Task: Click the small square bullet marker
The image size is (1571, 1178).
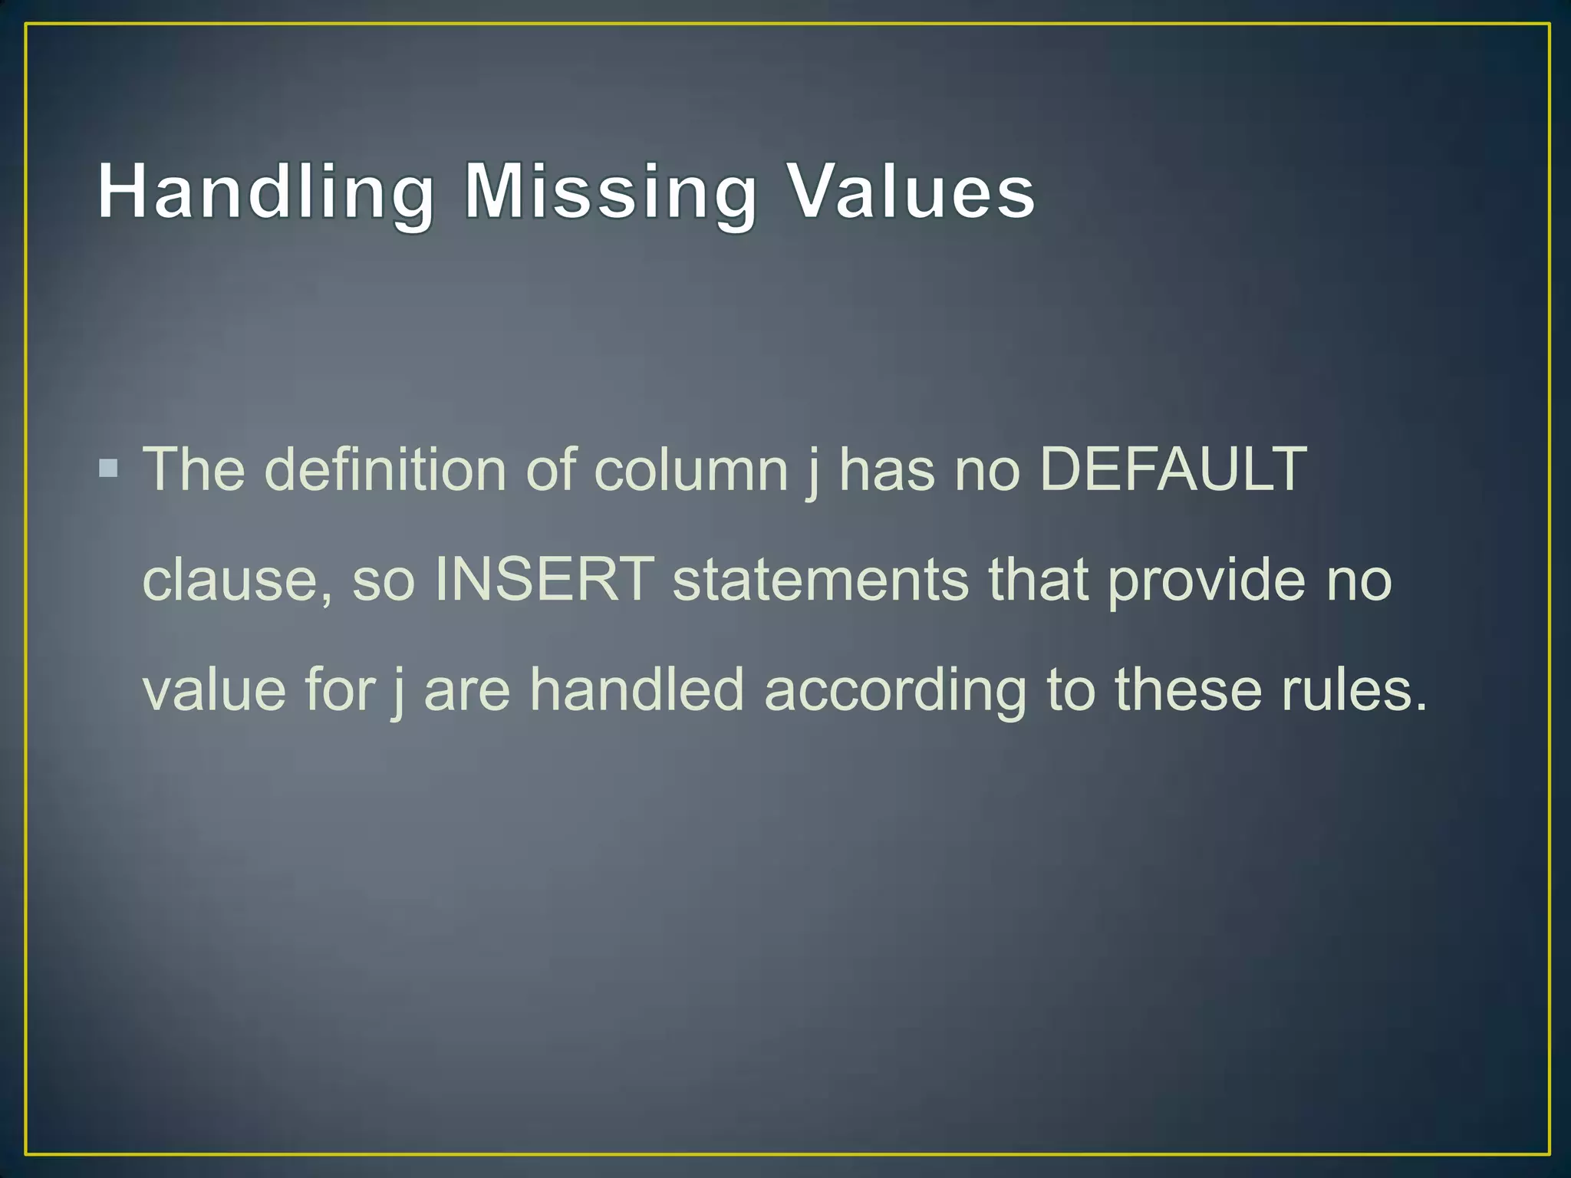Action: tap(109, 468)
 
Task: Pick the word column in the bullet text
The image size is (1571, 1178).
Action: tap(691, 469)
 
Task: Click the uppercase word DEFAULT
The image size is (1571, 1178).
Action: tap(1173, 469)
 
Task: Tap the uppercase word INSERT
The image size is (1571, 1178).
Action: tap(544, 578)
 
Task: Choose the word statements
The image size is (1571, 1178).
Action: tap(820, 580)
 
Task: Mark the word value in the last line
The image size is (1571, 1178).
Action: tap(214, 689)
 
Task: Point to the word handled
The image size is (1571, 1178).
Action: tap(637, 689)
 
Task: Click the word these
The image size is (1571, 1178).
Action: tap(1188, 689)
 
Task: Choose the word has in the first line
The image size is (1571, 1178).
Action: tap(886, 469)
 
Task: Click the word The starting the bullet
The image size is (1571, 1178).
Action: tap(194, 469)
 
